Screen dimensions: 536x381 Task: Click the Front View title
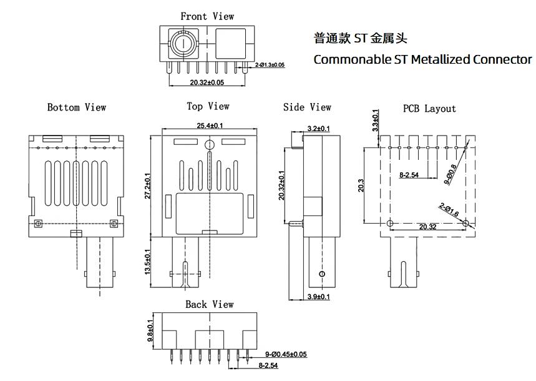click(x=207, y=16)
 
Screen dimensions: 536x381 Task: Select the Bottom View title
click(x=77, y=107)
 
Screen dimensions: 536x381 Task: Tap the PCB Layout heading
click(x=429, y=109)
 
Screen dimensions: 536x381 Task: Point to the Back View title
click(x=210, y=304)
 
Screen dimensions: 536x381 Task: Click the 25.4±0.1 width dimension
click(x=210, y=126)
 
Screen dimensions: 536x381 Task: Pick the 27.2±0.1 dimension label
click(x=147, y=186)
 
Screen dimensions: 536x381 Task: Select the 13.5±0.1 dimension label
click(x=147, y=262)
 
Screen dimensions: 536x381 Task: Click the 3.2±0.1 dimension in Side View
click(x=319, y=129)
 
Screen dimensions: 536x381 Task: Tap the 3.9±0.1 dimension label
click(x=319, y=297)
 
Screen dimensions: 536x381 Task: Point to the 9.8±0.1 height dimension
click(x=150, y=330)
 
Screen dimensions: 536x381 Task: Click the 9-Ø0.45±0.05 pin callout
click(x=286, y=354)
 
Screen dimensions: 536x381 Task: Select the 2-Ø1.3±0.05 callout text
click(x=270, y=65)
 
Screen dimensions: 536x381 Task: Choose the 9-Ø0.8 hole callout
click(x=450, y=174)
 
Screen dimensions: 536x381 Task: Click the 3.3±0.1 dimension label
click(x=376, y=121)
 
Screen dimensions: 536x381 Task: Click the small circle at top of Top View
click(x=209, y=145)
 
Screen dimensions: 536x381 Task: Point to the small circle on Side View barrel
click(x=322, y=274)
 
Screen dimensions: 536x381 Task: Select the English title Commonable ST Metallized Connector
click(x=423, y=59)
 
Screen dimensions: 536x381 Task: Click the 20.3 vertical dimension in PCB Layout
click(x=361, y=186)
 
